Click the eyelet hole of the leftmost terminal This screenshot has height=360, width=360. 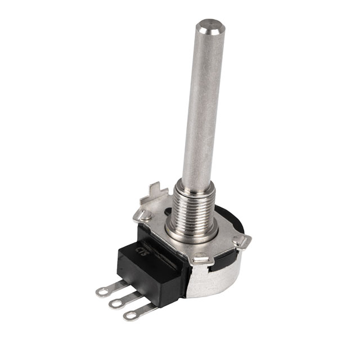(102, 291)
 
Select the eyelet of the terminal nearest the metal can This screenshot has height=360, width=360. (130, 316)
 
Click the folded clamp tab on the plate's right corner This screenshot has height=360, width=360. (242, 241)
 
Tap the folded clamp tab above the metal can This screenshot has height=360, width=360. (202, 260)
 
